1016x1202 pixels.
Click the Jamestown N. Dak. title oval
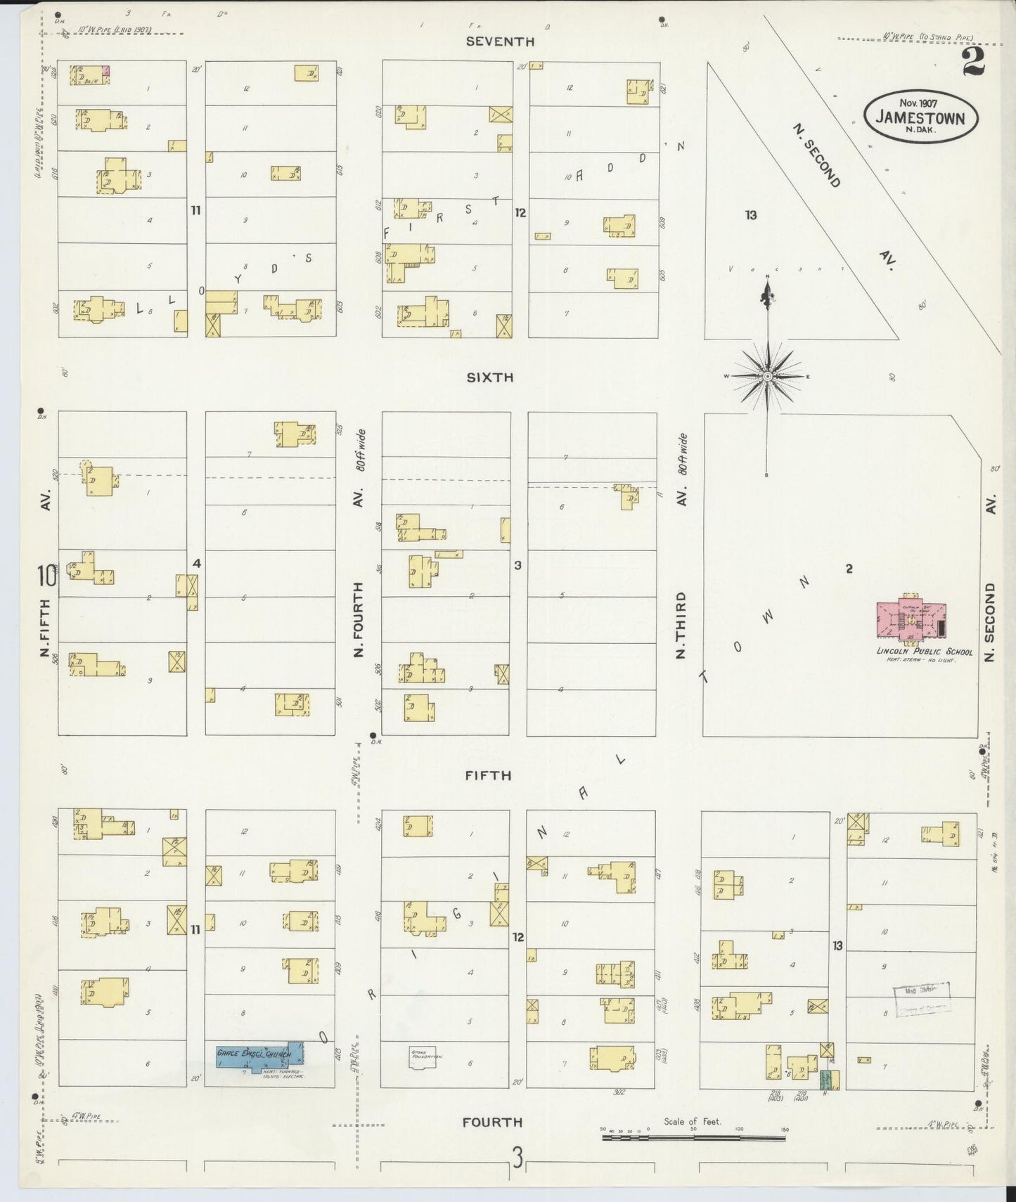[x=920, y=117]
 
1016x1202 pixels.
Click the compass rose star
[x=768, y=376]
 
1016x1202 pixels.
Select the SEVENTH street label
[x=501, y=41]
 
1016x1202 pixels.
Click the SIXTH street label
[x=490, y=377]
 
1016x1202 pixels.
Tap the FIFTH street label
[x=488, y=775]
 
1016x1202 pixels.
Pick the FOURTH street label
[x=492, y=1123]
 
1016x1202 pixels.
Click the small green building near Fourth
[x=830, y=1080]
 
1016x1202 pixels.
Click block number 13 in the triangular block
[x=751, y=215]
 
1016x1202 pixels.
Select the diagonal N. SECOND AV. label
[x=817, y=156]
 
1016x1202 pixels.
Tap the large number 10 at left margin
[x=47, y=576]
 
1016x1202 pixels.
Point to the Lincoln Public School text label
[x=924, y=652]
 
